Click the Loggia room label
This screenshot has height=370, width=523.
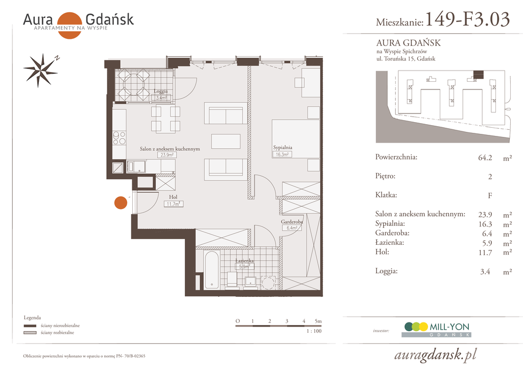(x=161, y=91)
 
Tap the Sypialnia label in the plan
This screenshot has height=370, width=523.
(x=282, y=147)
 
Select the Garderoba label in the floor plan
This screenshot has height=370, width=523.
(x=292, y=221)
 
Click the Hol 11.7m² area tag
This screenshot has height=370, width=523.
(x=173, y=204)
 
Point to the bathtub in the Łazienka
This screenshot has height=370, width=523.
(x=211, y=270)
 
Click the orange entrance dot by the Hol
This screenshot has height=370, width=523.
(x=121, y=202)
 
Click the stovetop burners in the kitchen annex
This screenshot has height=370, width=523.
(x=119, y=138)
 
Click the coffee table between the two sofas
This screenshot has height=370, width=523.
(x=226, y=141)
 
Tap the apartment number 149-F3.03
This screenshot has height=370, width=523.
(x=468, y=19)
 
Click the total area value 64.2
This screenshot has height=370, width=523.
(x=485, y=157)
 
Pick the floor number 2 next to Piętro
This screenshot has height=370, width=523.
(x=490, y=176)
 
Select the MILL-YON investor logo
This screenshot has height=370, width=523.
(x=436, y=330)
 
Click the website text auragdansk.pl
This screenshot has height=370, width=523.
(x=436, y=355)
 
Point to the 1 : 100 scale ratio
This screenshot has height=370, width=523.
(x=314, y=331)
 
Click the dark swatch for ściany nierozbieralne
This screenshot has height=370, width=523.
(x=30, y=326)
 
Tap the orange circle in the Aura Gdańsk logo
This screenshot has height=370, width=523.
(x=69, y=26)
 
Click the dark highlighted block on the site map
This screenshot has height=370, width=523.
(x=478, y=75)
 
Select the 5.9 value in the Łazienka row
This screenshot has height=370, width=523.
(x=487, y=243)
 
